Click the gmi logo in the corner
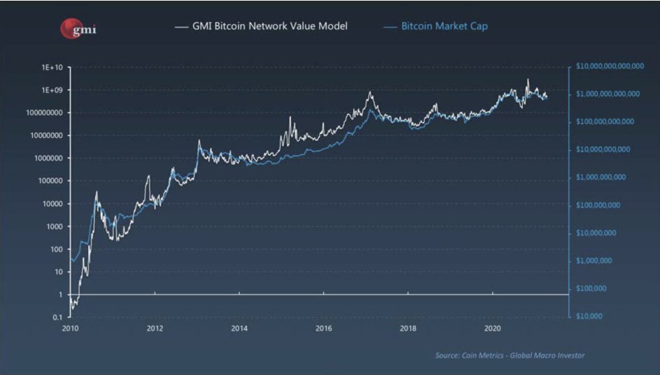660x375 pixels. click(78, 28)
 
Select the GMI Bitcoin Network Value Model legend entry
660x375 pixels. click(261, 27)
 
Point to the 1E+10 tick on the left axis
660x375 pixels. click(53, 67)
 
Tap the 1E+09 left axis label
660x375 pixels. click(53, 90)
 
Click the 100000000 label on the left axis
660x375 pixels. click(45, 112)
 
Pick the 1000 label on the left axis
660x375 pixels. click(54, 226)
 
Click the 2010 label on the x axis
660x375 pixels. click(71, 329)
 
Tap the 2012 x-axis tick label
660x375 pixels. click(155, 329)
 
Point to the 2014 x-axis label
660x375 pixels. click(239, 329)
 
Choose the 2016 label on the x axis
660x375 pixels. click(324, 329)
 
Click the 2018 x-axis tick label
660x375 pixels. click(408, 329)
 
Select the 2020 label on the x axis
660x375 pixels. click(493, 329)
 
